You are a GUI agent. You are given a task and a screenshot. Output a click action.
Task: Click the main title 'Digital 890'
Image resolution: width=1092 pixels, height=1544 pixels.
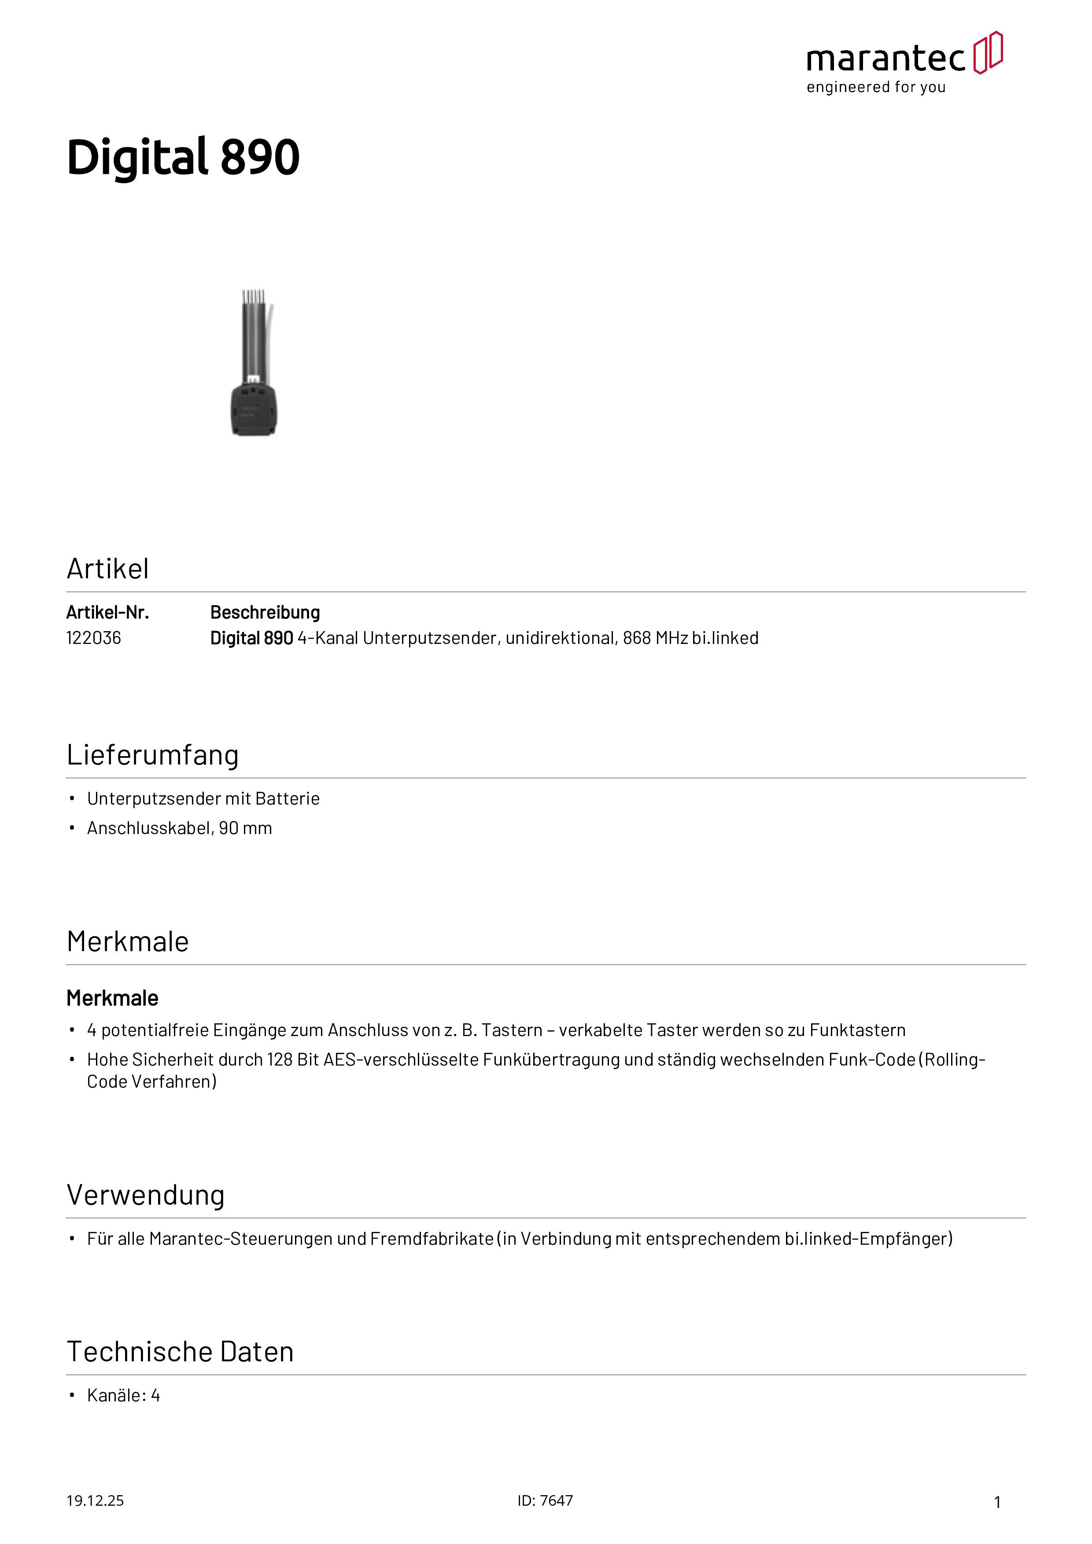click(x=183, y=158)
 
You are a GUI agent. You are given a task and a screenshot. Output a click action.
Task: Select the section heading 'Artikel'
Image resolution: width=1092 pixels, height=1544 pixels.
click(x=107, y=569)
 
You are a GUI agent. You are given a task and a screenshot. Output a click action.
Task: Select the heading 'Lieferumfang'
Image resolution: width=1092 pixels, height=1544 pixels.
click(x=153, y=754)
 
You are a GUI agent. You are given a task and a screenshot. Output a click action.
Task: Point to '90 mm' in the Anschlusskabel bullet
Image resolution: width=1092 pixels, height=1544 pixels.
click(x=246, y=828)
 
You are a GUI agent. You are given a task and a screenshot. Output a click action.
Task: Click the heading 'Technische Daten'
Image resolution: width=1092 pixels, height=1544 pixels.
click(x=181, y=1352)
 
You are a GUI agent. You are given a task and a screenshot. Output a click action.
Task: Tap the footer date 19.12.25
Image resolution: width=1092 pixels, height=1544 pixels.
click(x=95, y=1500)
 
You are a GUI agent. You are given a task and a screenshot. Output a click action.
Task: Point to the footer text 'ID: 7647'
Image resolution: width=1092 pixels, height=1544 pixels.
click(x=545, y=1500)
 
